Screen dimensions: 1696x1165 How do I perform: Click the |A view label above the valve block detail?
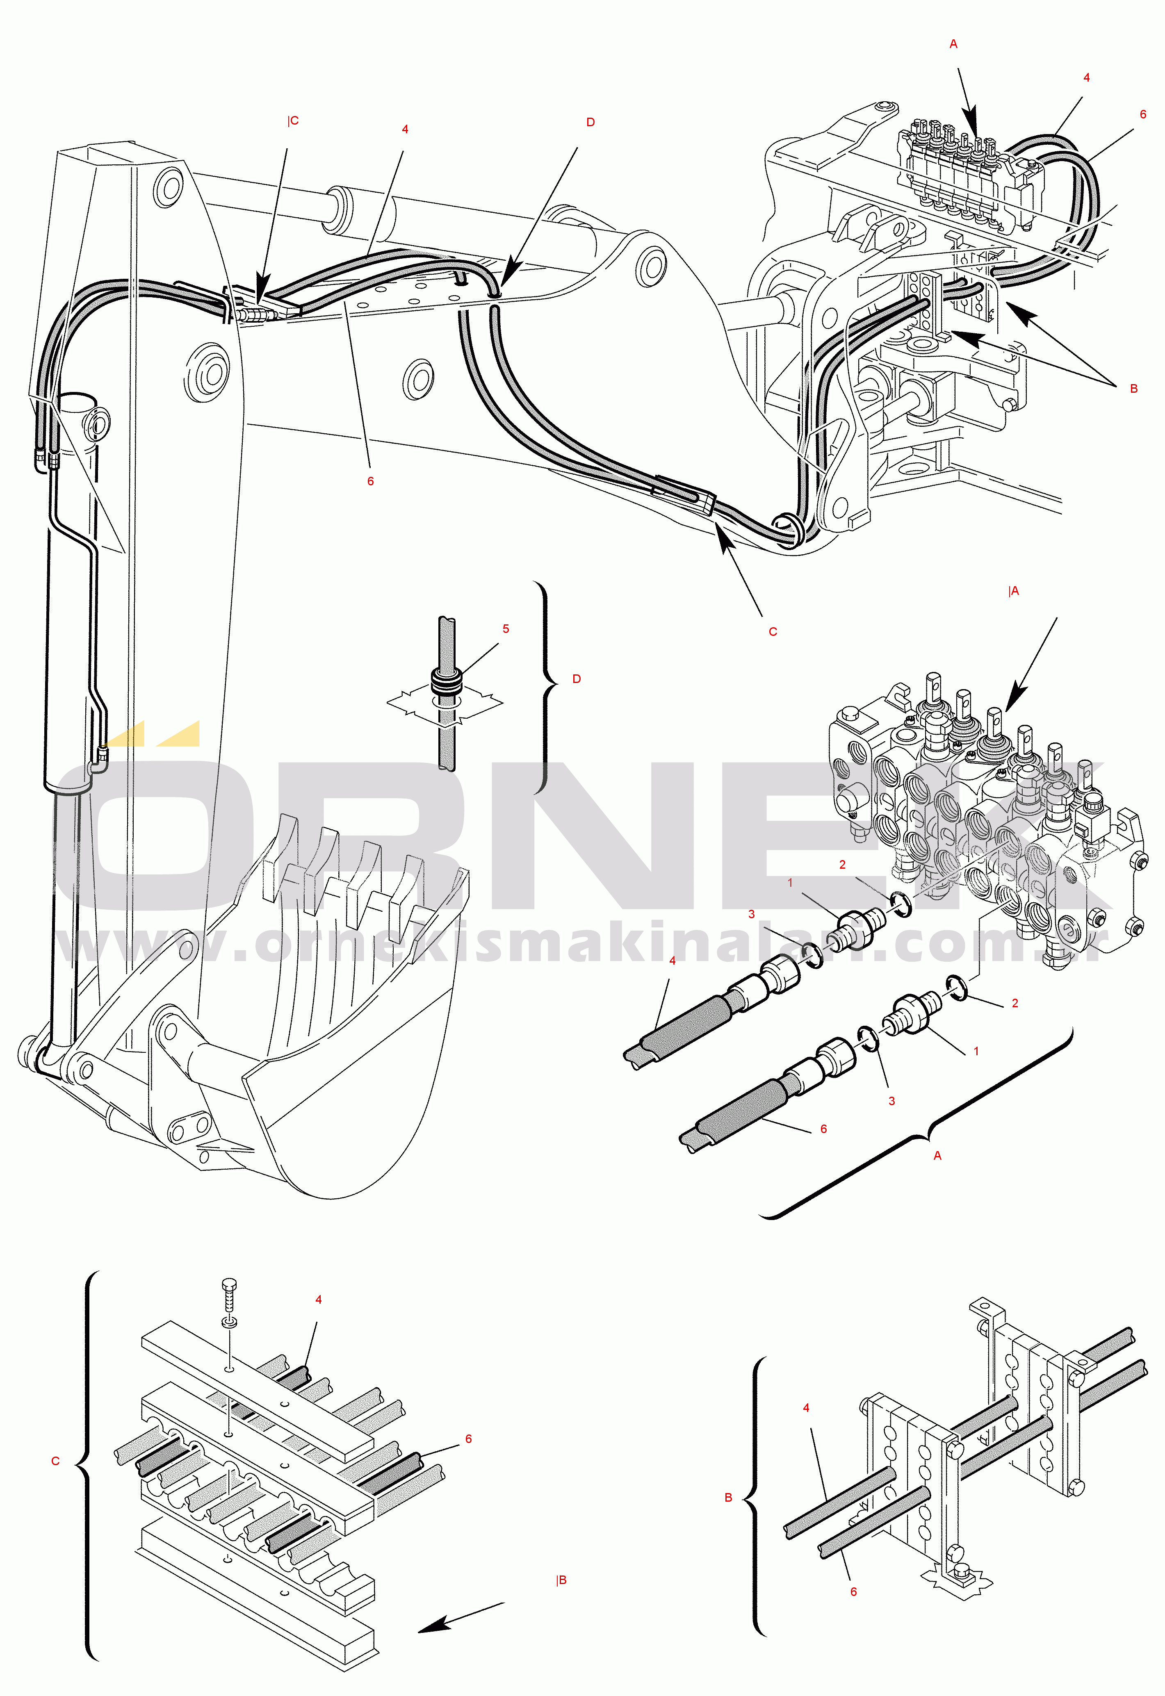(x=1013, y=591)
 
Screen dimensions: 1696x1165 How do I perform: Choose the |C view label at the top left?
(x=293, y=121)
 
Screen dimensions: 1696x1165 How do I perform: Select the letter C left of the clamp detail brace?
(x=55, y=1461)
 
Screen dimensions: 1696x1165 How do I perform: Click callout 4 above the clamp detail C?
(x=318, y=1300)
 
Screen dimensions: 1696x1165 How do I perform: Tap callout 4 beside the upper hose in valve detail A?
(x=672, y=961)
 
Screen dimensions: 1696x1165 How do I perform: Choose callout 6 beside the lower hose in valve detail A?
(x=823, y=1129)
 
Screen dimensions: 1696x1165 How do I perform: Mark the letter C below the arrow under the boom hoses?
(x=773, y=632)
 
